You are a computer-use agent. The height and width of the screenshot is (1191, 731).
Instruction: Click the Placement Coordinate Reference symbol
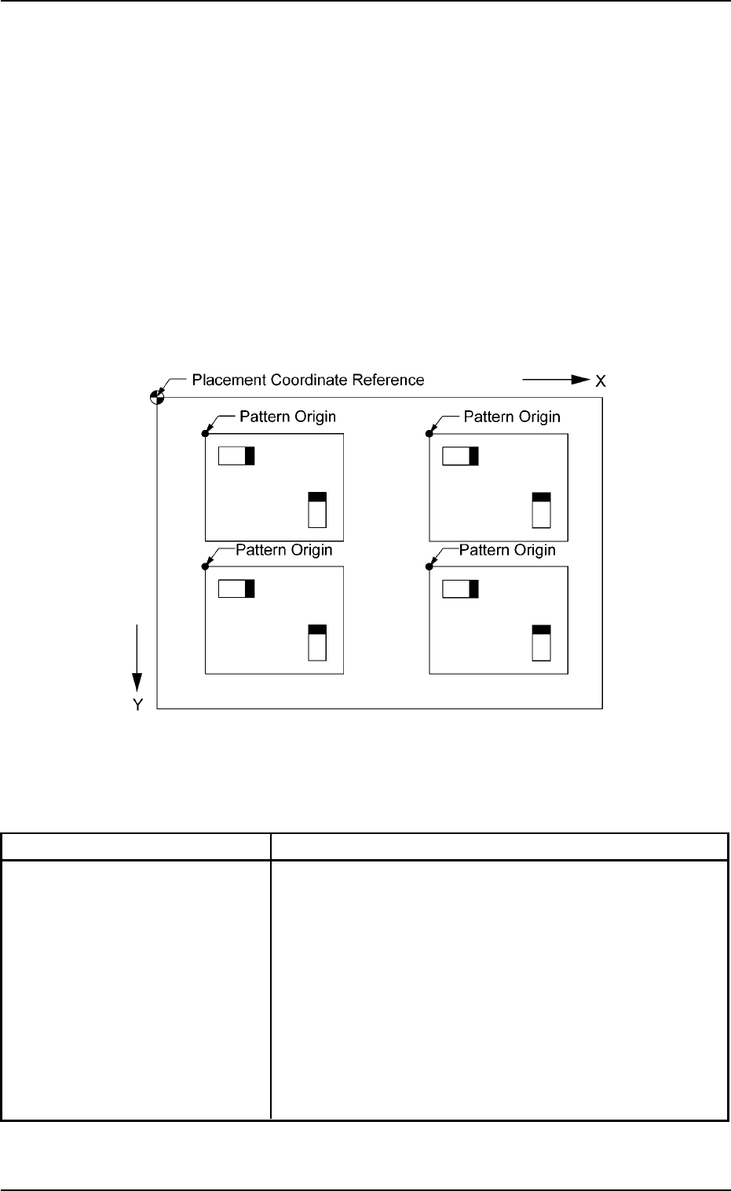[157, 397]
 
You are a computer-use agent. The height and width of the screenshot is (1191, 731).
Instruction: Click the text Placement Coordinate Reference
[308, 381]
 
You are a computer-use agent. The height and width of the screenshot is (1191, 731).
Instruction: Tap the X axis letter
[601, 381]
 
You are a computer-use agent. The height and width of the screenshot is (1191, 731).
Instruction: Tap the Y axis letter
[137, 705]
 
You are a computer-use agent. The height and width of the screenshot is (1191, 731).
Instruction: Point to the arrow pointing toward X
[556, 380]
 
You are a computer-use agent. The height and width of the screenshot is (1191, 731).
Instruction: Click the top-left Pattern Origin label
[287, 417]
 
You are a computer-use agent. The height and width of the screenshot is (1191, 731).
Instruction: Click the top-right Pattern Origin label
[512, 417]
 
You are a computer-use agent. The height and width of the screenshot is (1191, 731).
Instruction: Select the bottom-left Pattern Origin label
[284, 550]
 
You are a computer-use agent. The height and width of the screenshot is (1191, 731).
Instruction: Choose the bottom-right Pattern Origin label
[507, 550]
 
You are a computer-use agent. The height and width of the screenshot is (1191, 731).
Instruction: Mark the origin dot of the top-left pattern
[206, 433]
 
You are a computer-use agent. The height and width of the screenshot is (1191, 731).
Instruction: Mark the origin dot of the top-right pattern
[429, 433]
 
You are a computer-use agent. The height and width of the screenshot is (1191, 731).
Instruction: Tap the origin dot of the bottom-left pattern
[206, 566]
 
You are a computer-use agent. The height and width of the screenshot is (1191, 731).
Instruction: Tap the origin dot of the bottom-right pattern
[429, 566]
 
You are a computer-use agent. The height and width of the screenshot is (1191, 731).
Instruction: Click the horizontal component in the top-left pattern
[236, 456]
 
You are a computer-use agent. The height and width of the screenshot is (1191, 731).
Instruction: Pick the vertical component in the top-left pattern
[317, 509]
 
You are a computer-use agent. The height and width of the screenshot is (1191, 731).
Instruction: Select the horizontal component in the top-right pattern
[461, 456]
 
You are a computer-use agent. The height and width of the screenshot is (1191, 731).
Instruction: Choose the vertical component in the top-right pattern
[541, 509]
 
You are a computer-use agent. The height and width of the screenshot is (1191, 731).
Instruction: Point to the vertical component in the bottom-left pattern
[317, 643]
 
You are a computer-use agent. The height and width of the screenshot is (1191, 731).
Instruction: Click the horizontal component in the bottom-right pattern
[461, 588]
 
